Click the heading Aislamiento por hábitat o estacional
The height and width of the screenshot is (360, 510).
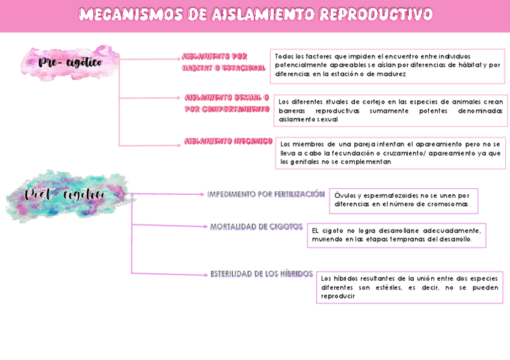tap(223, 62)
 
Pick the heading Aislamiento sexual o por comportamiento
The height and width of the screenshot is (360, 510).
tap(227, 103)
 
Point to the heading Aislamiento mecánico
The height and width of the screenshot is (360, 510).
tap(229, 141)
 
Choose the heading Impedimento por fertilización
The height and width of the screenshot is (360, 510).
tap(266, 194)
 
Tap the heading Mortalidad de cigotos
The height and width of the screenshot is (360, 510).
tap(256, 227)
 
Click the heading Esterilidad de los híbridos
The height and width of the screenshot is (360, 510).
tap(262, 274)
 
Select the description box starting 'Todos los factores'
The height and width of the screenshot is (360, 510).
tap(387, 66)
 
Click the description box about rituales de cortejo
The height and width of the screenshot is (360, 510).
tap(390, 111)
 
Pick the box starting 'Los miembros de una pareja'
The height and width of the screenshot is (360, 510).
tap(390, 153)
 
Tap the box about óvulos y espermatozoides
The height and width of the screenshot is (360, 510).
tap(404, 200)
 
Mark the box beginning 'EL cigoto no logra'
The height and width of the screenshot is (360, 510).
tap(396, 235)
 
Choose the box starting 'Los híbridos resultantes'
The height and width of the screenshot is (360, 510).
tap(409, 287)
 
